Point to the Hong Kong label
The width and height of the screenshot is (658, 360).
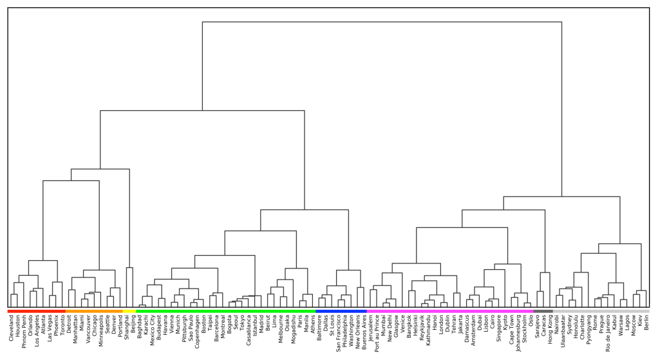[550, 328]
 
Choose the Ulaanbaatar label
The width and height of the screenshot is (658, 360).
[563, 330]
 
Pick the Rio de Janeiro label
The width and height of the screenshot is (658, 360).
[607, 332]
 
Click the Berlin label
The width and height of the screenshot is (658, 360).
[646, 321]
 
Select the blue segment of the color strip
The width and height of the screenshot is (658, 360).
[341, 312]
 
